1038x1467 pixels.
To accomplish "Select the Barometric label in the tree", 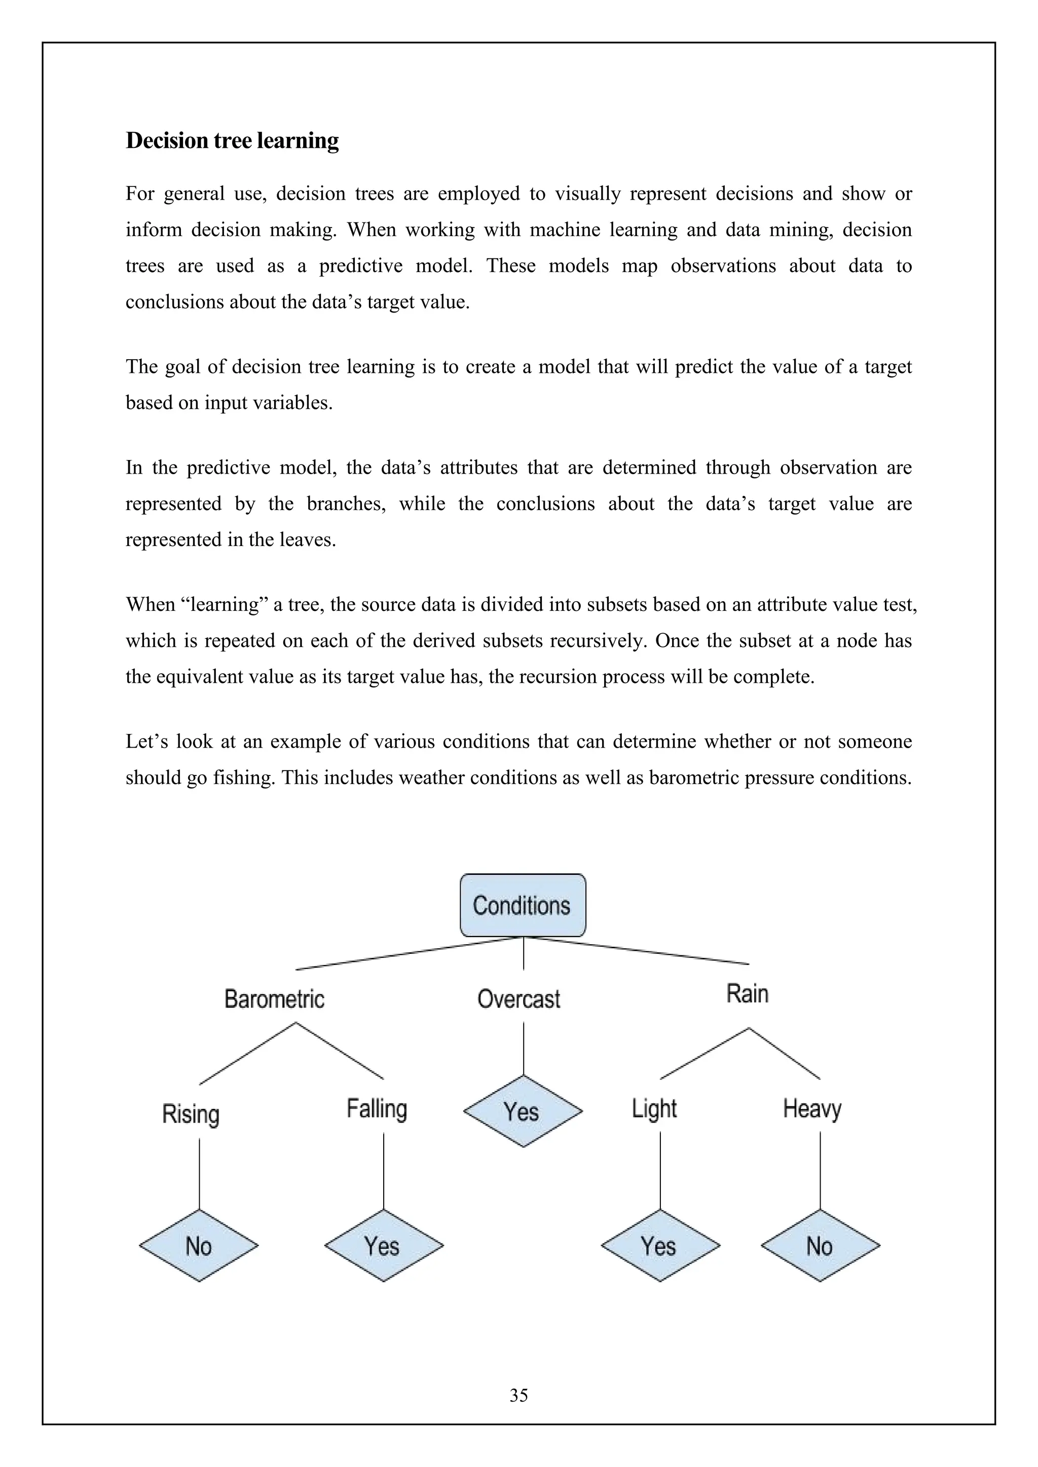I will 274,998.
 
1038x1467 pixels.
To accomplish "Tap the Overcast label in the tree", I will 518,998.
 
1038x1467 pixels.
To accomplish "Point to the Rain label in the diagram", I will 747,993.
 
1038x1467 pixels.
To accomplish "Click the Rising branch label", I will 191,1114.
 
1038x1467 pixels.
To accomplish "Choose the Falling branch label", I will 377,1108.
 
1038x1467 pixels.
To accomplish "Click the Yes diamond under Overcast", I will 523,1112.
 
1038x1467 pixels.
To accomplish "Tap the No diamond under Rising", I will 199,1246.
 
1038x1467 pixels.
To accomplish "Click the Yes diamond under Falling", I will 383,1246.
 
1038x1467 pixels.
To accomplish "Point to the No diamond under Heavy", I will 820,1246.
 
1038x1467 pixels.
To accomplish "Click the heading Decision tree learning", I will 232,140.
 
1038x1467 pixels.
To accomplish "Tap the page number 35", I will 518,1396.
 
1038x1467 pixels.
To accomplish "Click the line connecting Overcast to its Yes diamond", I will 524,1048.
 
